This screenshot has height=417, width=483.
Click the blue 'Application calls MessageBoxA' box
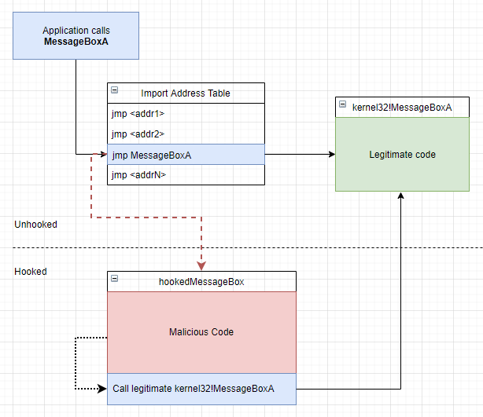(x=76, y=35)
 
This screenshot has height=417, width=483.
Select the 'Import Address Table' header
(x=186, y=93)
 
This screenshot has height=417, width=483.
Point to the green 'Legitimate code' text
(x=402, y=155)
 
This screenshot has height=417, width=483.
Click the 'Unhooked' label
(x=35, y=225)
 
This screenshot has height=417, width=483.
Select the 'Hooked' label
(x=31, y=272)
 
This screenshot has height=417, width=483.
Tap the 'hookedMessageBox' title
(x=201, y=282)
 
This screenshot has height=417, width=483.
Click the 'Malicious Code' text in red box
(x=201, y=332)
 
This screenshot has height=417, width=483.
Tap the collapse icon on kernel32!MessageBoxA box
(x=342, y=104)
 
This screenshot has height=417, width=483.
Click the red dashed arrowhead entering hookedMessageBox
(x=201, y=267)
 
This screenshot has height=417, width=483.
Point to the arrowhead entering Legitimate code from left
(x=331, y=155)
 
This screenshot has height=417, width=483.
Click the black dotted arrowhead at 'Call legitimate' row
(x=102, y=388)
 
